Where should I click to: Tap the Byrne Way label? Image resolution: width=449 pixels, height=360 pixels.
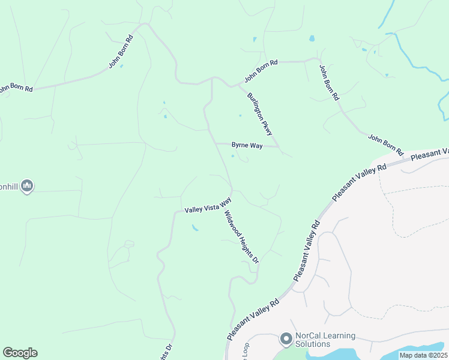(247, 146)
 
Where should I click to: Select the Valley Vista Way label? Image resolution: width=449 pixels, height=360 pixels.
(208, 205)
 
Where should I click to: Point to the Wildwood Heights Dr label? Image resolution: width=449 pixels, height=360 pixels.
(241, 238)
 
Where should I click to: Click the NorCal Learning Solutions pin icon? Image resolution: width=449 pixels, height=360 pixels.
(286, 340)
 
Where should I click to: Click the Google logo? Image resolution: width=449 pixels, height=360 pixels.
(20, 353)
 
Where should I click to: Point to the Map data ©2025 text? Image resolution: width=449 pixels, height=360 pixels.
(423, 355)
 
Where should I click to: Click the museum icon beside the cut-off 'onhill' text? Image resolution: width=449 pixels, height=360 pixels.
(26, 187)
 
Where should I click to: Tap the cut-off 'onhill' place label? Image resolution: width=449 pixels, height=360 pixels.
(9, 187)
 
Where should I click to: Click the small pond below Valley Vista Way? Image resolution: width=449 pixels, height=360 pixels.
(195, 228)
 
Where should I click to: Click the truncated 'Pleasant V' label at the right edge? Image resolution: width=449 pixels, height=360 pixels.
(430, 155)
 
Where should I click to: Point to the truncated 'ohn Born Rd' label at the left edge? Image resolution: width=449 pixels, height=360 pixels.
(16, 88)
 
